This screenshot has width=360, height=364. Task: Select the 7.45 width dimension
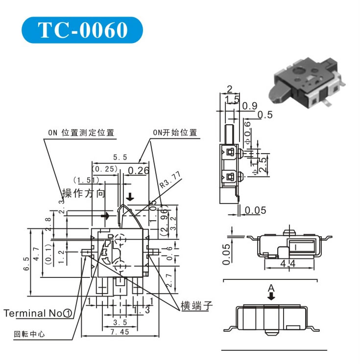pyautogui.click(x=120, y=332)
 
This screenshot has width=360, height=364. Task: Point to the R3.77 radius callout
pyautogui.click(x=170, y=181)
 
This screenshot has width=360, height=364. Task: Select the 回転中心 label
pyautogui.click(x=29, y=335)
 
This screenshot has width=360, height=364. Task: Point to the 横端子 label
pyautogui.click(x=196, y=307)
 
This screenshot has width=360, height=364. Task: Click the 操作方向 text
pyautogui.click(x=83, y=193)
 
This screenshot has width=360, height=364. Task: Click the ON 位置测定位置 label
pyautogui.click(x=81, y=133)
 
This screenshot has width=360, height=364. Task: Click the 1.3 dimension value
pyautogui.click(x=141, y=310)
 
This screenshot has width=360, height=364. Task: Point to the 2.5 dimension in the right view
pyautogui.click(x=263, y=164)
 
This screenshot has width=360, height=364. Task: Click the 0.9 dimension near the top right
pyautogui.click(x=250, y=106)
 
